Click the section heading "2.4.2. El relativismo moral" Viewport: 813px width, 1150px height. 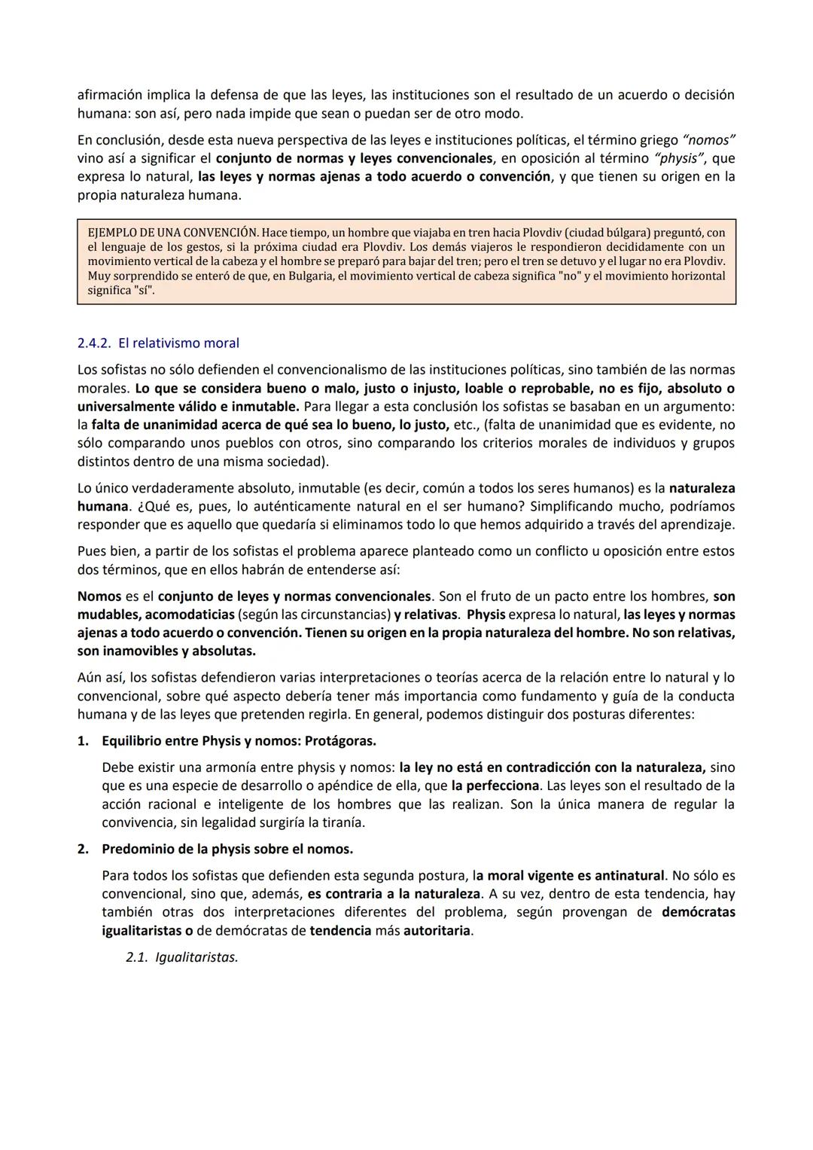158,343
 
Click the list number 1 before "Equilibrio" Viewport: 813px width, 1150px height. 82,741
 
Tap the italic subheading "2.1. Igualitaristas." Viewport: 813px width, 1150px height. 181,958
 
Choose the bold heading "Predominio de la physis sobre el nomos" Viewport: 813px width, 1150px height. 227,850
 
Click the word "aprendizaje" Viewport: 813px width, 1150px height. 696,525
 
